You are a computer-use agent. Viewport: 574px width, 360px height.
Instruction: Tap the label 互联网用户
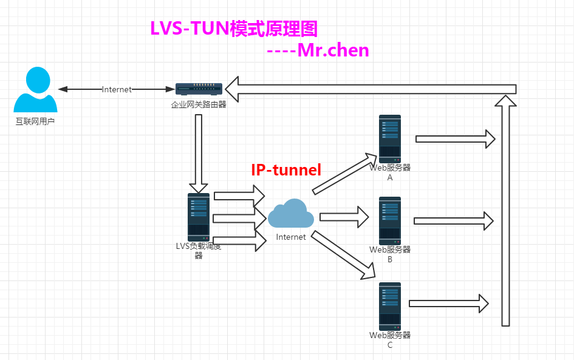click(x=35, y=121)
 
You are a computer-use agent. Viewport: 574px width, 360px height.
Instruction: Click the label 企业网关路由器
click(x=198, y=104)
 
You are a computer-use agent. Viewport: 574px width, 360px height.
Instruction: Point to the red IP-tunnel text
click(x=286, y=170)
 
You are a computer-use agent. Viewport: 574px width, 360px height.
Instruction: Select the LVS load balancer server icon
click(x=199, y=217)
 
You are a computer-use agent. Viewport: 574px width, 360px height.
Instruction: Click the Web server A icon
click(x=390, y=138)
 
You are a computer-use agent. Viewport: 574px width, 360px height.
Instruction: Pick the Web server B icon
click(x=390, y=220)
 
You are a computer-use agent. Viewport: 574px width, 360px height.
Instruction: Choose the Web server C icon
click(x=390, y=306)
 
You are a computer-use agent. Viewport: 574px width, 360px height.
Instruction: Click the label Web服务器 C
click(x=390, y=340)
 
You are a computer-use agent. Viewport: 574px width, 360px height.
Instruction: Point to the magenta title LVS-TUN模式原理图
click(x=234, y=29)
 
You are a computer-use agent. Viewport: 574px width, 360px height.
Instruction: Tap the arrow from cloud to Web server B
click(x=344, y=216)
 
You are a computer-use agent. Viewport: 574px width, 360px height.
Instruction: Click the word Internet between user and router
click(x=117, y=89)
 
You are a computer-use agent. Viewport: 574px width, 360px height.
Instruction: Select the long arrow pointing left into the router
click(x=371, y=89)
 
